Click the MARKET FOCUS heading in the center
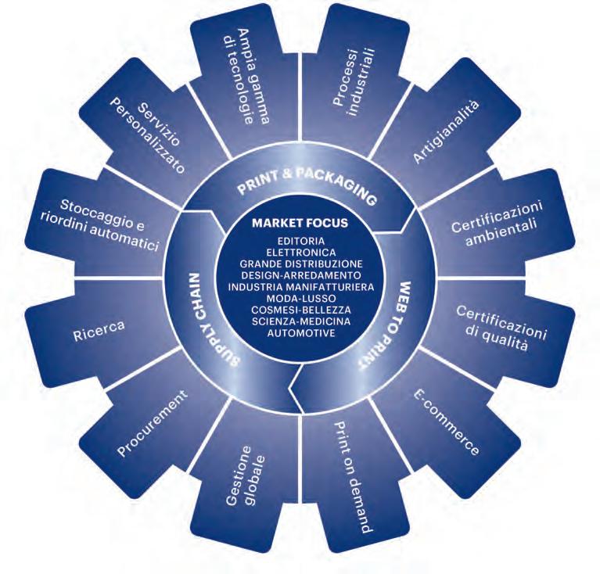point(300,223)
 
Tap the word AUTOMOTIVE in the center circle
point(300,332)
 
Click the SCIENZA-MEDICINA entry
point(300,321)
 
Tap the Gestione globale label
point(248,468)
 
